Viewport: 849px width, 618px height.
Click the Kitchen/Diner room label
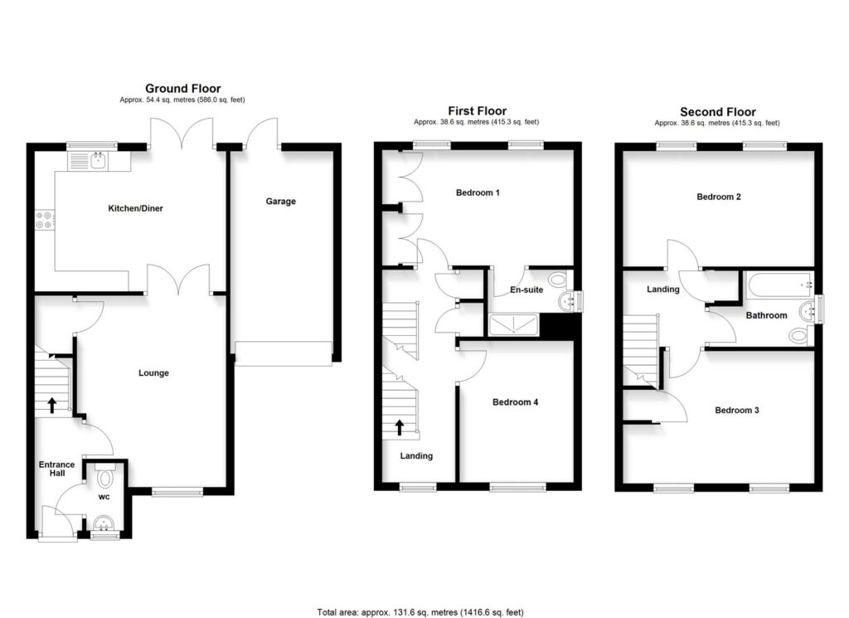(x=135, y=208)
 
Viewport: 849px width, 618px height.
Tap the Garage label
(x=280, y=201)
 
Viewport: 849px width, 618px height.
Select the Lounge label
(x=153, y=372)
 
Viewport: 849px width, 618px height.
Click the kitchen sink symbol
(x=99, y=160)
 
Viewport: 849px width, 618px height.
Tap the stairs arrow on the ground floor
(x=52, y=405)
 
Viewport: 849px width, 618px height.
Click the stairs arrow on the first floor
(x=400, y=427)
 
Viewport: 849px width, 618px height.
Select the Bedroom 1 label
(x=478, y=192)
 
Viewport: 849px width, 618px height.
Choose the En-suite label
(x=526, y=290)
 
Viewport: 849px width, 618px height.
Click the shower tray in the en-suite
(x=512, y=325)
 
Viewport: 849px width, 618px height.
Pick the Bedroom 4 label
(x=515, y=401)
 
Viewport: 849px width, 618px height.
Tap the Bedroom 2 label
(x=719, y=197)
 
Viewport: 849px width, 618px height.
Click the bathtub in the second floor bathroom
(x=779, y=285)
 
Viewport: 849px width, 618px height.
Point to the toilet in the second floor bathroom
(x=801, y=335)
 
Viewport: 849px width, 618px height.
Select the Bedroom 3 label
(x=737, y=410)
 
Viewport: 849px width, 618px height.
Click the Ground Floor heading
(x=183, y=88)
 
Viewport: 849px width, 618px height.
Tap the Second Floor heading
(x=718, y=112)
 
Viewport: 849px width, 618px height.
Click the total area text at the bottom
(x=420, y=612)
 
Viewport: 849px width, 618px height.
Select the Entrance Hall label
(x=57, y=469)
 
